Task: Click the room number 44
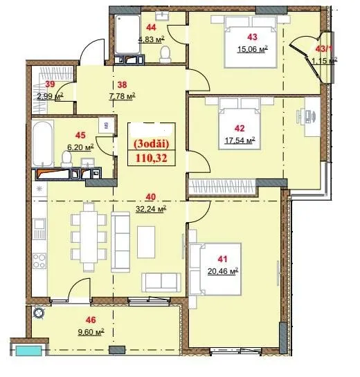pyautogui.click(x=151, y=28)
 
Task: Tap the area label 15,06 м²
pyautogui.click(x=253, y=49)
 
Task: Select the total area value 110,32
pyautogui.click(x=152, y=158)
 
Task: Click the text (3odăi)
pyautogui.click(x=152, y=144)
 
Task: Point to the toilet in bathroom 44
pyautogui.click(x=165, y=55)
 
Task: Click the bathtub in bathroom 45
pyautogui.click(x=43, y=144)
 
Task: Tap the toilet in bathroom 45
pyautogui.click(x=66, y=158)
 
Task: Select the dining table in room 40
pyautogui.click(x=89, y=237)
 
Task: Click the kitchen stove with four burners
pyautogui.click(x=39, y=261)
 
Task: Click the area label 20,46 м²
pyautogui.click(x=223, y=271)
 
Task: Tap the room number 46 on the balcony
pyautogui.click(x=91, y=320)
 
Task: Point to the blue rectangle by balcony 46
pyautogui.click(x=28, y=351)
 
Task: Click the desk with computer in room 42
pyautogui.click(x=312, y=117)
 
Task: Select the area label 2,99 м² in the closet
pyautogui.click(x=50, y=96)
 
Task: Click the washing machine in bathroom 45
pyautogui.click(x=106, y=125)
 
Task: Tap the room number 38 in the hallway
pyautogui.click(x=122, y=84)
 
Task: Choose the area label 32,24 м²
pyautogui.click(x=151, y=209)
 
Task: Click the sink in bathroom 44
pyautogui.click(x=162, y=16)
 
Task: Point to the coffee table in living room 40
pyautogui.click(x=146, y=242)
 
